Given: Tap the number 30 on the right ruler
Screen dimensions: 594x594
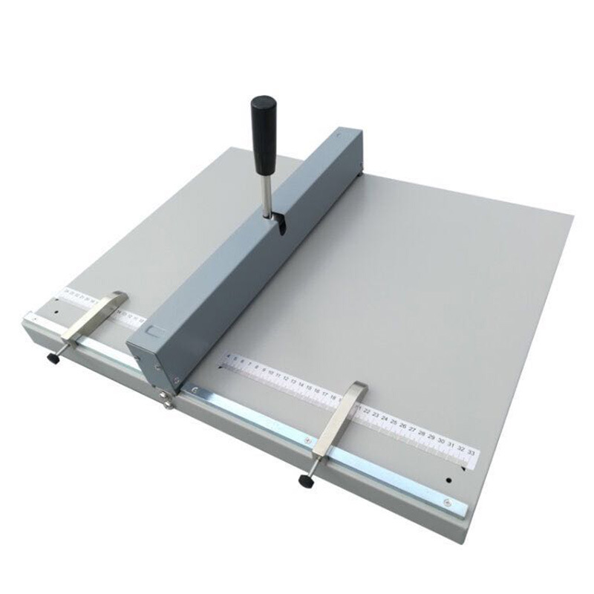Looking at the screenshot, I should coord(442,440).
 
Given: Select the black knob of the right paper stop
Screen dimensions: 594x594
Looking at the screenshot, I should coord(305,480).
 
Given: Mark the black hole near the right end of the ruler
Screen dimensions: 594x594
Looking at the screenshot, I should coord(448,480).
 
